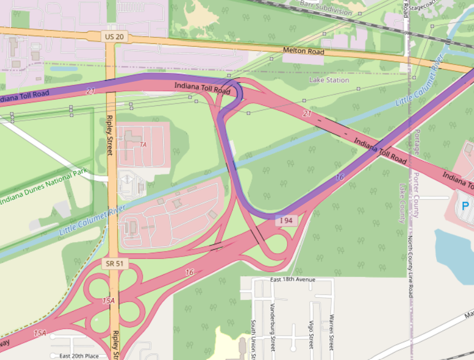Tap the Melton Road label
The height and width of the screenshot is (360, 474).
coord(304,51)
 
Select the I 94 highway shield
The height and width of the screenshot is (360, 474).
coord(286,221)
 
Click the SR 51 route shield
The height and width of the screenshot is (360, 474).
coord(113,263)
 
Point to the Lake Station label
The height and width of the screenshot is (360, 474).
coord(329,80)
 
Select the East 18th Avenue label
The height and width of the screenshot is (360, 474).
coord(292,279)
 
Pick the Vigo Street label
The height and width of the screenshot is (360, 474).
coord(311,334)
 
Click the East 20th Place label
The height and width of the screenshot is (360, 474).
coord(79,356)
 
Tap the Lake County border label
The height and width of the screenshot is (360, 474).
coord(402,203)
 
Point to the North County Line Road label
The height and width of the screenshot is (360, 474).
coord(410,267)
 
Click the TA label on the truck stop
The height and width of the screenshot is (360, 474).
coord(143,145)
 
